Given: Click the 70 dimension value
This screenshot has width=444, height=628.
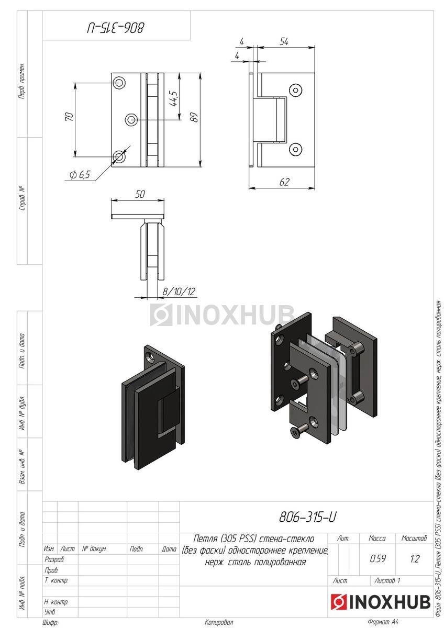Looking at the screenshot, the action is tap(70, 116).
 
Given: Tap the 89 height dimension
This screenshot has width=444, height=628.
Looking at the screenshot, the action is tap(194, 117).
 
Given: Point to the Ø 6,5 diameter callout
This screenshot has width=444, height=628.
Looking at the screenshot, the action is tap(80, 175).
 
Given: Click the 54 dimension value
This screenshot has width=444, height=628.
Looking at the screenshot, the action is tap(284, 42).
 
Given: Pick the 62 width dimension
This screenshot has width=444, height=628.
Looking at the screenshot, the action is tap(284, 182).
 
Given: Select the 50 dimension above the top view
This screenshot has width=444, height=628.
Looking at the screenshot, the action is tap(140, 194).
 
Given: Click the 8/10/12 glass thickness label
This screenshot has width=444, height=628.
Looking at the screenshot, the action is tap(179, 291).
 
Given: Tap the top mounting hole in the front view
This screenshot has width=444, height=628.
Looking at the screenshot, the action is tap(119, 83).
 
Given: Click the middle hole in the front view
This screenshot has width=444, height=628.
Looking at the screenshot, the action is tap(131, 120).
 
